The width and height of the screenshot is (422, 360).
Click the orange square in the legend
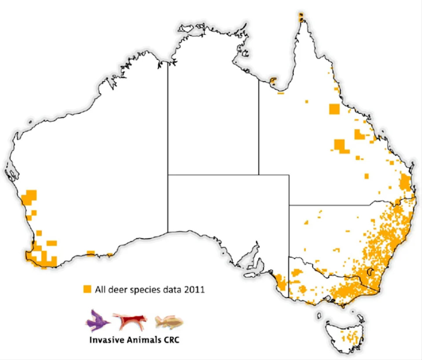87,289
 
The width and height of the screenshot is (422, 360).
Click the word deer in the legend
113,290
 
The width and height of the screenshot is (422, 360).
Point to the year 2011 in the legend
194,290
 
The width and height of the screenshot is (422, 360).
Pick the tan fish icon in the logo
169,322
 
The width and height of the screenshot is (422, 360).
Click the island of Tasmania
345,334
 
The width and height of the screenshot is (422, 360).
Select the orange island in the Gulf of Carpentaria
273,81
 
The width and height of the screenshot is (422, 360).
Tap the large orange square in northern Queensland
334,108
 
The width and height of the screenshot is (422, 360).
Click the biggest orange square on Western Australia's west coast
31,195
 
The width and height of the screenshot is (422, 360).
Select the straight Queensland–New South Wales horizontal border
330,205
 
